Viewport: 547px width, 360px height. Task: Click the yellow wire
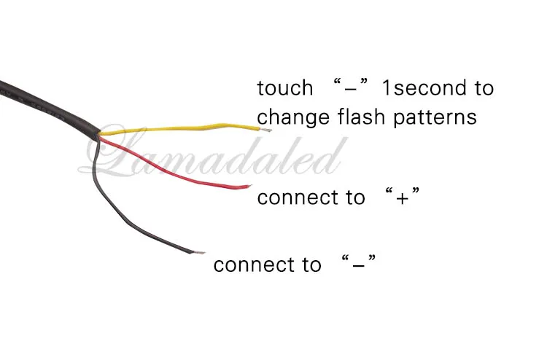(x=182, y=128)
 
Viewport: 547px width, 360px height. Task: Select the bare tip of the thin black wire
(x=199, y=252)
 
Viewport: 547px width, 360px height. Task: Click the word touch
(x=285, y=88)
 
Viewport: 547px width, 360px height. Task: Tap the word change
(x=293, y=117)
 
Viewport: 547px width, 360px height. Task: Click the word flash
(x=361, y=117)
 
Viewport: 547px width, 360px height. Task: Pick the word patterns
(x=435, y=117)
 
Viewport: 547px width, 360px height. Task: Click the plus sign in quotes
(x=402, y=198)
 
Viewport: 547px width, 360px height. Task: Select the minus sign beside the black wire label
(x=359, y=266)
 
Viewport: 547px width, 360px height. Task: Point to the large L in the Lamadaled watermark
(x=115, y=150)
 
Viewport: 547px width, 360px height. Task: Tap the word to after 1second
(x=484, y=88)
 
